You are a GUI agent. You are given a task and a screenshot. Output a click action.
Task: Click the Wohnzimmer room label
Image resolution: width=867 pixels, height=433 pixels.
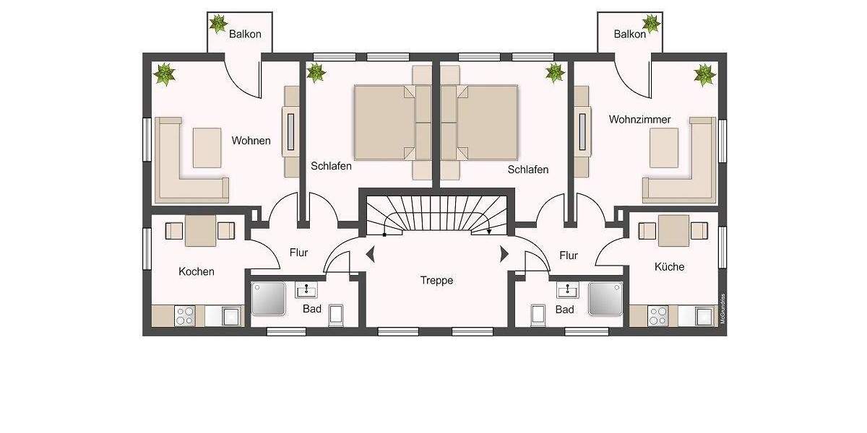click(639, 119)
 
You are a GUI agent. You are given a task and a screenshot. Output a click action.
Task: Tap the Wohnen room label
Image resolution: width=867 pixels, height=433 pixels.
click(251, 141)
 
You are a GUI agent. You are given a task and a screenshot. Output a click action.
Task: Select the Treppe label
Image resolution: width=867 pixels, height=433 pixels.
click(437, 280)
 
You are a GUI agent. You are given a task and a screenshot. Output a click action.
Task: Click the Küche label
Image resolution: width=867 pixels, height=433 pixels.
click(669, 266)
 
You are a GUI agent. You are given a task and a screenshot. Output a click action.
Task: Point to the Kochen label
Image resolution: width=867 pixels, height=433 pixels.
click(197, 271)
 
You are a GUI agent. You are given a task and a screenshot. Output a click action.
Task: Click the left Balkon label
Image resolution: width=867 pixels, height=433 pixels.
click(245, 34)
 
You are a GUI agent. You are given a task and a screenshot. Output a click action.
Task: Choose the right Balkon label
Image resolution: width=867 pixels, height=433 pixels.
click(629, 34)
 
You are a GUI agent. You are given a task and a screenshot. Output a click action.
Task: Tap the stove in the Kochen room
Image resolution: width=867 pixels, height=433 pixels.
click(185, 315)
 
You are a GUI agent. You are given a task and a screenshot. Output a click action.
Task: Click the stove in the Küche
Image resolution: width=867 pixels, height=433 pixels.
click(657, 315)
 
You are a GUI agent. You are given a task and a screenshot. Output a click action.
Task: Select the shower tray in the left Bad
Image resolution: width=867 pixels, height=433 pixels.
click(269, 299)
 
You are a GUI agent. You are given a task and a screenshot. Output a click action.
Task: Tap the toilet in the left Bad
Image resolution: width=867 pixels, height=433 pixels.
click(336, 315)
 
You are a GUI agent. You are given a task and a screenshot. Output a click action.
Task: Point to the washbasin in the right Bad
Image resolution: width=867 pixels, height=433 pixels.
click(566, 290)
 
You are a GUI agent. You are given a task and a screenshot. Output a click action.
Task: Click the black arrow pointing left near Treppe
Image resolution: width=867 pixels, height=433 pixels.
click(371, 254)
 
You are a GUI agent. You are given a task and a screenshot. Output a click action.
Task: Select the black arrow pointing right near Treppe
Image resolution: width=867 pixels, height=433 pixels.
click(504, 254)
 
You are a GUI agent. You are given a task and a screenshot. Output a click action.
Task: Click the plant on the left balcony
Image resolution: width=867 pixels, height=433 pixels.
click(217, 24)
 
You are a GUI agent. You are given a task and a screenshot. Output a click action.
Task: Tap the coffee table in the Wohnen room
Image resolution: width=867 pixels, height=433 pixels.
click(207, 147)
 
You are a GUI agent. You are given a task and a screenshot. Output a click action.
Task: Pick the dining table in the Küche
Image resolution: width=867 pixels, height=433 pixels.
click(673, 230)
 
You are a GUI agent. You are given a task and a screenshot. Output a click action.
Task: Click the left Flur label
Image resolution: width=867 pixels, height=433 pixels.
click(298, 253)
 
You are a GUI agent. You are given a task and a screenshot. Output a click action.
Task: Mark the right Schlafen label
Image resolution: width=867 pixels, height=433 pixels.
click(527, 170)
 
